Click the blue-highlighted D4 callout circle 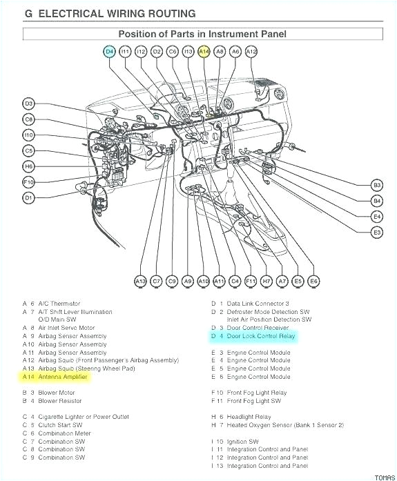coord(110,51)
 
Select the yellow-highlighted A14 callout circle coord(204,51)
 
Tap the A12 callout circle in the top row coord(251,51)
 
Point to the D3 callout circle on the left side coord(28,104)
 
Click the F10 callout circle coord(28,182)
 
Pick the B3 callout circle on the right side coord(376,185)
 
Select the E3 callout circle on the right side coord(376,233)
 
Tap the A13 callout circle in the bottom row coord(141,281)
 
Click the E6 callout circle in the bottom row coord(313,281)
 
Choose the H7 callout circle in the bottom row coord(267,281)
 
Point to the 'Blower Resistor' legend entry coord(60,401)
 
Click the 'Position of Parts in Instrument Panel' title coord(202,33)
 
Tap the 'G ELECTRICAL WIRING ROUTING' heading coord(110,13)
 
